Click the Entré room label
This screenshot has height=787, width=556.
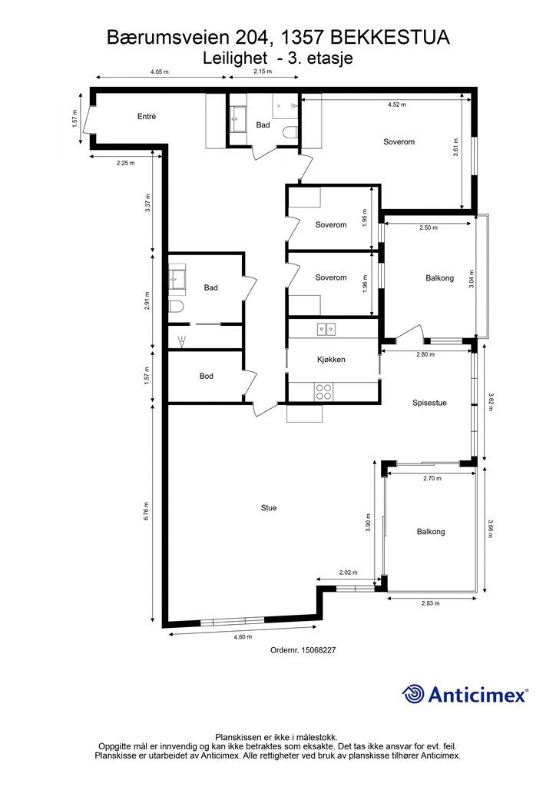pos(147,117)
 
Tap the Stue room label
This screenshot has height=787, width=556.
pos(269,508)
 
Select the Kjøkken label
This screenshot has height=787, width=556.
pos(331,360)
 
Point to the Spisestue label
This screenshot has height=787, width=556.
pos(429,403)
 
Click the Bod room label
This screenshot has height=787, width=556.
pos(206,376)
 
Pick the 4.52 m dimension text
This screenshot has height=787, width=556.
pos(396,105)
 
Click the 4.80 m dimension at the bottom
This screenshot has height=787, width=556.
pos(243,637)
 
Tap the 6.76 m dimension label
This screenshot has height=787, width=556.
pos(147,511)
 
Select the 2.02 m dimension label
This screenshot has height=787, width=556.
pos(349,572)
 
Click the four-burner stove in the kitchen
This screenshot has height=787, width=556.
pos(323,391)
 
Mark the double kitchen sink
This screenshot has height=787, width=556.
pos(326,329)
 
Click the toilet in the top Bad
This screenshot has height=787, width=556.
pos(290,132)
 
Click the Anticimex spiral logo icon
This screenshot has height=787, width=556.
pos(413,694)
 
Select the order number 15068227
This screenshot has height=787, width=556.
pos(319,650)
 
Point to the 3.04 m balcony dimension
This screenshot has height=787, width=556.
pos(472,279)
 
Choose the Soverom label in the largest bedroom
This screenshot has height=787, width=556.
pos(399,141)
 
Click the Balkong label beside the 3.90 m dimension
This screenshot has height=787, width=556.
pos(431,532)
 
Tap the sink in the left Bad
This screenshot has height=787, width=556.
pos(176,278)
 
